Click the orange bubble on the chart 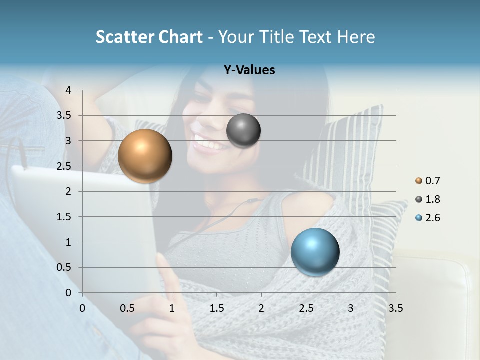pyautogui.click(x=145, y=156)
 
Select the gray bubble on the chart pyautogui.click(x=244, y=131)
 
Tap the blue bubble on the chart pyautogui.click(x=315, y=252)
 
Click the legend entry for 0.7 pyautogui.click(x=428, y=181)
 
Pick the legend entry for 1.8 pyautogui.click(x=428, y=199)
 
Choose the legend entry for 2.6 pyautogui.click(x=428, y=218)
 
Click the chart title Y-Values pyautogui.click(x=249, y=70)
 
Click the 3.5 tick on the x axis pyautogui.click(x=395, y=308)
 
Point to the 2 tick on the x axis pyautogui.click(x=261, y=308)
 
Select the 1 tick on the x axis pyautogui.click(x=172, y=308)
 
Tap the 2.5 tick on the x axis pyautogui.click(x=306, y=308)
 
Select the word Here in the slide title pyautogui.click(x=355, y=37)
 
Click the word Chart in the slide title pyautogui.click(x=180, y=37)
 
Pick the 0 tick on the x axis pyautogui.click(x=82, y=308)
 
